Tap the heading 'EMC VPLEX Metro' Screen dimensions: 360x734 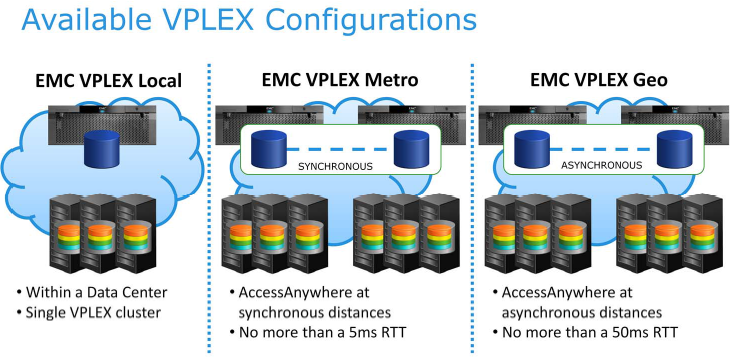(339, 80)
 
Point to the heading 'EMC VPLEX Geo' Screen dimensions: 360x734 (603, 80)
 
